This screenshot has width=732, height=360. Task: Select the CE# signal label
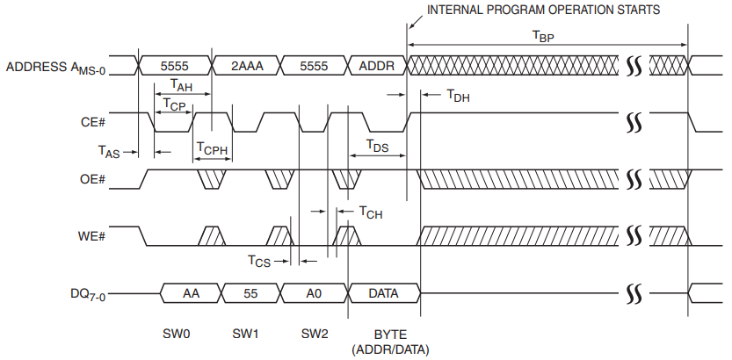93,123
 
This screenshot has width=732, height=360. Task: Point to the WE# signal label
93,236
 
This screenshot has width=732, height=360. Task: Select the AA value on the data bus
191,293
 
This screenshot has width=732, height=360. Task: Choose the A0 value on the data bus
314,293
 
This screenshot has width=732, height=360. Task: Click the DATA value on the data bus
383,293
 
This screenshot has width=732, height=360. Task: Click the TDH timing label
458,96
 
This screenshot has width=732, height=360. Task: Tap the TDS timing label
377,145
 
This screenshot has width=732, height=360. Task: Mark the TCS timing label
258,261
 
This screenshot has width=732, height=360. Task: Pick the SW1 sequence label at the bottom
245,334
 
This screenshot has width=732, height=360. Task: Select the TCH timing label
371,211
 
